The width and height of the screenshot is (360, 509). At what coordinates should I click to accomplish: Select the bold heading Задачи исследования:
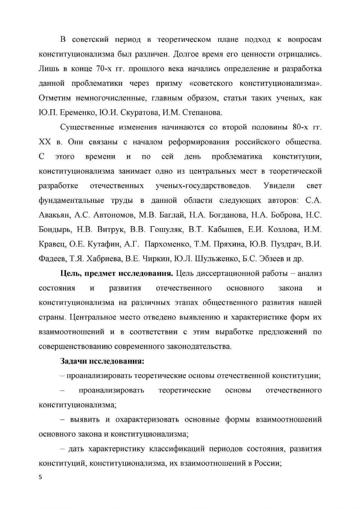(x=102, y=361)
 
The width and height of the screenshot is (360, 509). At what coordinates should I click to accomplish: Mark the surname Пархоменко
(x=174, y=244)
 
